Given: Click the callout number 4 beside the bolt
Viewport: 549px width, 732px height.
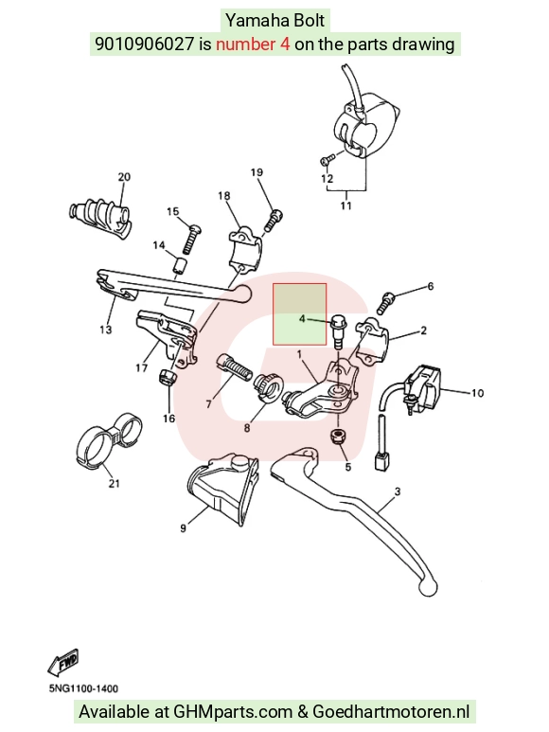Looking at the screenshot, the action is [302, 319].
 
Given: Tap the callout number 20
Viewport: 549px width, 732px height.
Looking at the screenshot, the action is [124, 177].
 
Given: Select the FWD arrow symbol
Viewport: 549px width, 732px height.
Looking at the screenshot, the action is [63, 663].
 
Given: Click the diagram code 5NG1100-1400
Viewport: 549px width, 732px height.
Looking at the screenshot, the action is [83, 688].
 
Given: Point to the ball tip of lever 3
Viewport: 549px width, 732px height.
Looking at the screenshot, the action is [428, 587].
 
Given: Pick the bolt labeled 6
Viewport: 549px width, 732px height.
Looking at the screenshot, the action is [387, 302].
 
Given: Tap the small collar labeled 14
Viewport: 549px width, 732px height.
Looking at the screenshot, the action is [180, 266].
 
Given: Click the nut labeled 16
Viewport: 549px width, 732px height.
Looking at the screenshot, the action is [168, 377].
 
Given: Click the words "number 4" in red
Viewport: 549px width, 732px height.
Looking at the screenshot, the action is [253, 44].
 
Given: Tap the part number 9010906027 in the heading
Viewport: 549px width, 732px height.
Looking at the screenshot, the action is [144, 44].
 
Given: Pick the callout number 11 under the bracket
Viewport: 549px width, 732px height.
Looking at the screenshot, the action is [345, 205].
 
